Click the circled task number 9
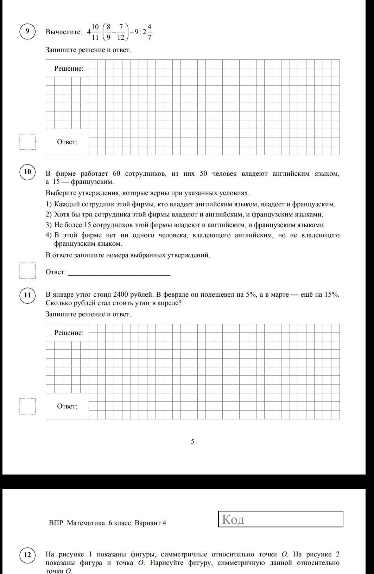[27, 32]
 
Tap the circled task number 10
[27, 172]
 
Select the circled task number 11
[27, 295]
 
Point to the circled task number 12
[27, 555]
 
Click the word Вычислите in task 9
[64, 32]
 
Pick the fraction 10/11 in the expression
[95, 32]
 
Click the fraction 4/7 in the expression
[149, 32]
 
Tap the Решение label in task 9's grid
[69, 69]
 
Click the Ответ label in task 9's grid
[67, 142]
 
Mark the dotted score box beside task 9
[27, 142]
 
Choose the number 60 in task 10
[117, 174]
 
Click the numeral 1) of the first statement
[49, 204]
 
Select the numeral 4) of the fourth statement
[49, 235]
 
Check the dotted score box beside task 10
[27, 271]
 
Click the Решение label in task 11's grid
[69, 333]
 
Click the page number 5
[192, 441]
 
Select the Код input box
[280, 519]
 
